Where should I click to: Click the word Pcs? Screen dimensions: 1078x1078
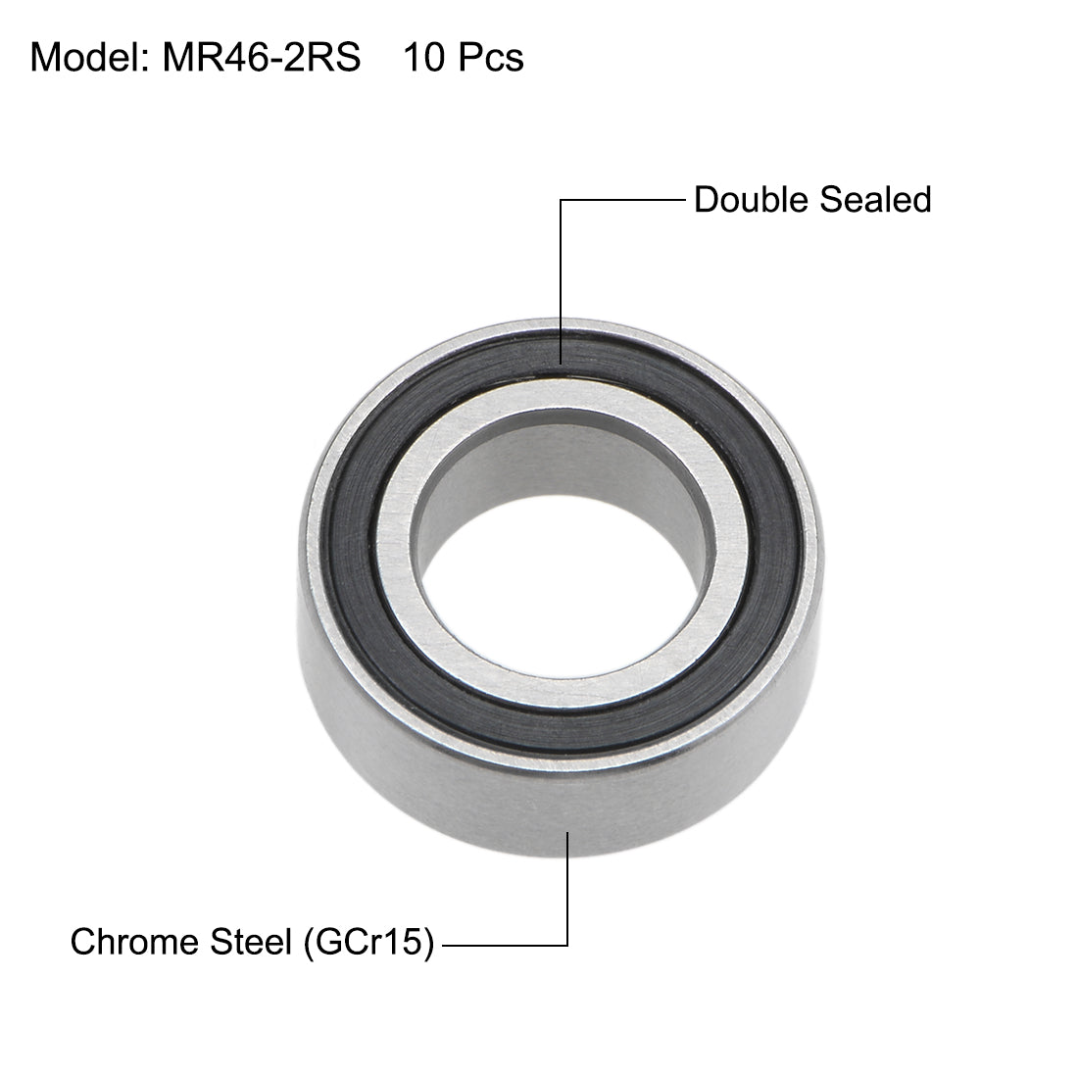coord(489,58)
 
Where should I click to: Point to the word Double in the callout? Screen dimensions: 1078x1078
coord(749,200)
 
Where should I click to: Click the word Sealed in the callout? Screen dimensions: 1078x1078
coord(873,200)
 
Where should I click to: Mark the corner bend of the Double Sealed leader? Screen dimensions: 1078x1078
coord(561,200)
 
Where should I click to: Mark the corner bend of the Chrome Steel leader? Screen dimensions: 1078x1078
coord(567,945)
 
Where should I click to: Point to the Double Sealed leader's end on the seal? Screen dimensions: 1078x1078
coord(561,363)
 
